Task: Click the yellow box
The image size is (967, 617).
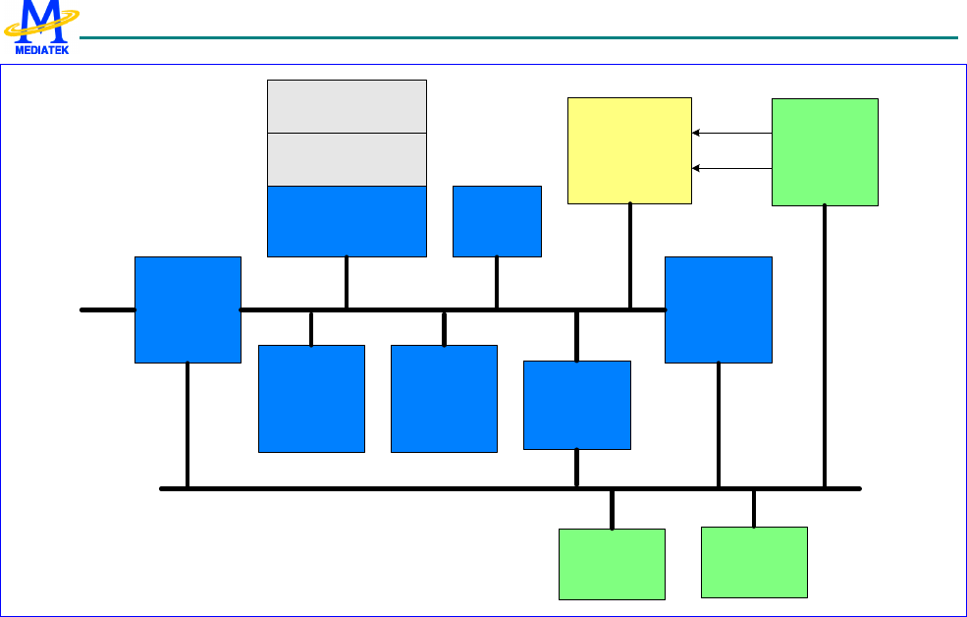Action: coord(629,150)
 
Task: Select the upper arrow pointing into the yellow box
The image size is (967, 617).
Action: coord(731,133)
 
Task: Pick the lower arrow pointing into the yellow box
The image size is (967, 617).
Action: coord(731,168)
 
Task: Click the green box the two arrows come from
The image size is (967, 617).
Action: coord(825,151)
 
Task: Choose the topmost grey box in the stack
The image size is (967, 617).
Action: coord(347,106)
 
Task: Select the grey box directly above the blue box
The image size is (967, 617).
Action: coord(347,159)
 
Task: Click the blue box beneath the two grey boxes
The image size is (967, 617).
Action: coord(347,221)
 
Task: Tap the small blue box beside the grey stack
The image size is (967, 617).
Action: coord(497,221)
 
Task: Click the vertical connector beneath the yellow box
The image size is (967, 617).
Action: coord(629,256)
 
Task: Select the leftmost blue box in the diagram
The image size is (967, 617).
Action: coord(188,309)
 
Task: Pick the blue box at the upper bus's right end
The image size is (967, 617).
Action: coord(719,309)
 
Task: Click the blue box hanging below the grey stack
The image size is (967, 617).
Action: coord(311,398)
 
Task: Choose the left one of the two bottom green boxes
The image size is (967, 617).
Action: coord(612,564)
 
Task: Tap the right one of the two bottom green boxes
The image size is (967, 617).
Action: coord(754,562)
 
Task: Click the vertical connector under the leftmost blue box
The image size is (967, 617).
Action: coord(188,424)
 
